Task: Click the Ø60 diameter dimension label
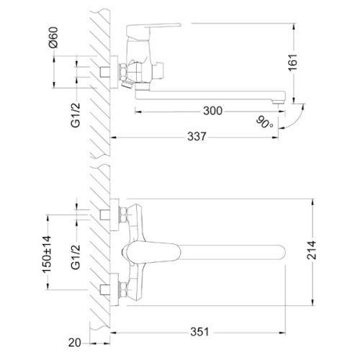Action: coord(53,37)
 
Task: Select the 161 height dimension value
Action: coord(293,63)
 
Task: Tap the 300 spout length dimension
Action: coord(212,111)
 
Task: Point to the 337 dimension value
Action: coord(197,137)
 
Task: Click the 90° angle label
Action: coord(264,122)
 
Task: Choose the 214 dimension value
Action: coord(312,250)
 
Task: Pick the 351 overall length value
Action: coord(199,332)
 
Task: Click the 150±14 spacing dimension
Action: coord(47,254)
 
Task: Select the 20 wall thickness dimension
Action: coord(74,343)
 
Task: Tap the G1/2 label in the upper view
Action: coord(76,115)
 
